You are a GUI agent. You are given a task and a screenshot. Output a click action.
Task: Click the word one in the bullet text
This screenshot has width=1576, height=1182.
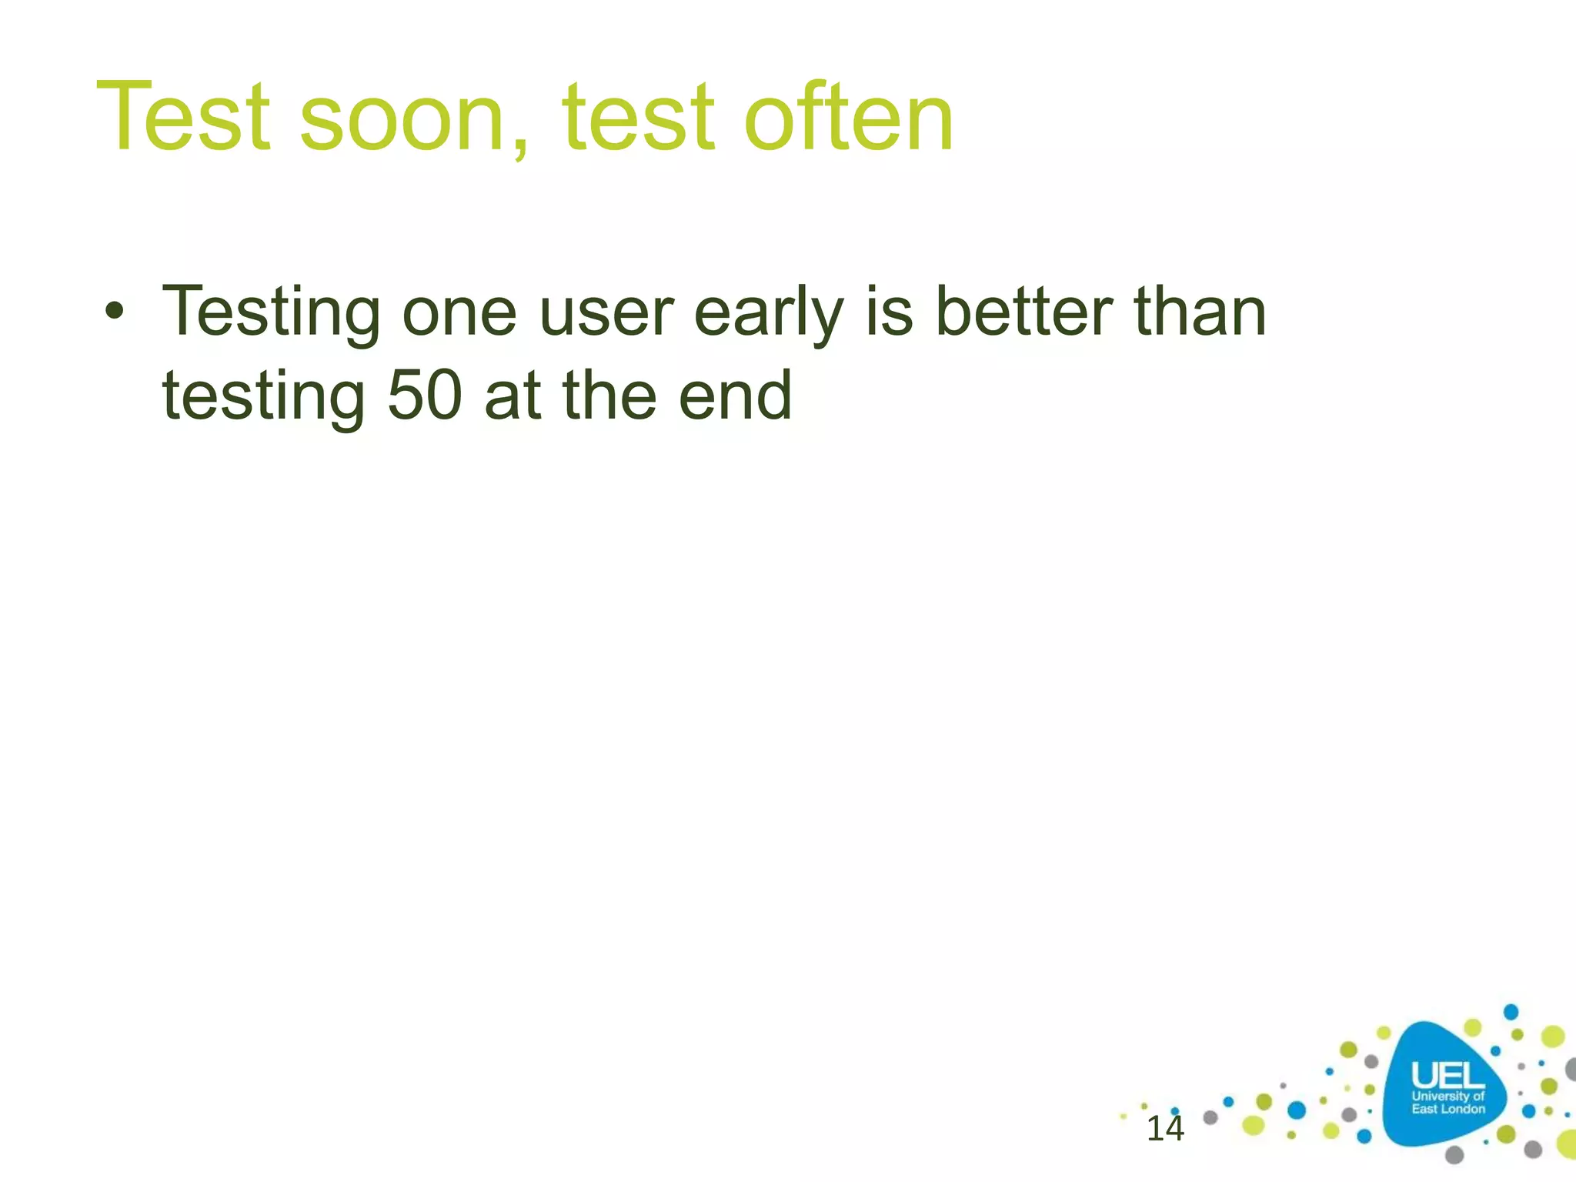(x=459, y=314)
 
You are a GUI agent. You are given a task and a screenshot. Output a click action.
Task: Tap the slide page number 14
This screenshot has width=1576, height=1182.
(x=1164, y=1129)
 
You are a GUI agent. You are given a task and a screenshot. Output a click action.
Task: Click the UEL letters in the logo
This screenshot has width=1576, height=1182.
(x=1447, y=1075)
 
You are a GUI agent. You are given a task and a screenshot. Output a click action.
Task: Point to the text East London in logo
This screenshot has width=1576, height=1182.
(x=1447, y=1109)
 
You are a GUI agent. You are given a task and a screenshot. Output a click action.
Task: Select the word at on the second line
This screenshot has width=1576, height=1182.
(x=512, y=397)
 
